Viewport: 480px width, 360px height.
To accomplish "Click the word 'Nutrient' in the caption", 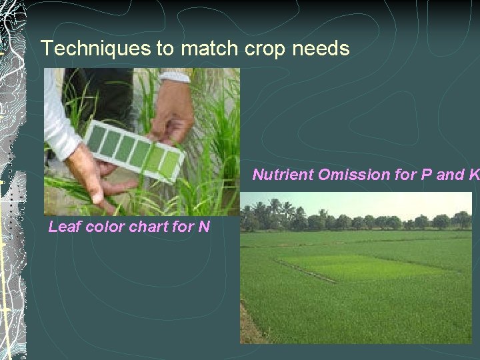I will coord(283,175).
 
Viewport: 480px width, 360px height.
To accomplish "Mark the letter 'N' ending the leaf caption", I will coord(203,227).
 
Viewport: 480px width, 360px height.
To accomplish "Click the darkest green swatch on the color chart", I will coord(97,138).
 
